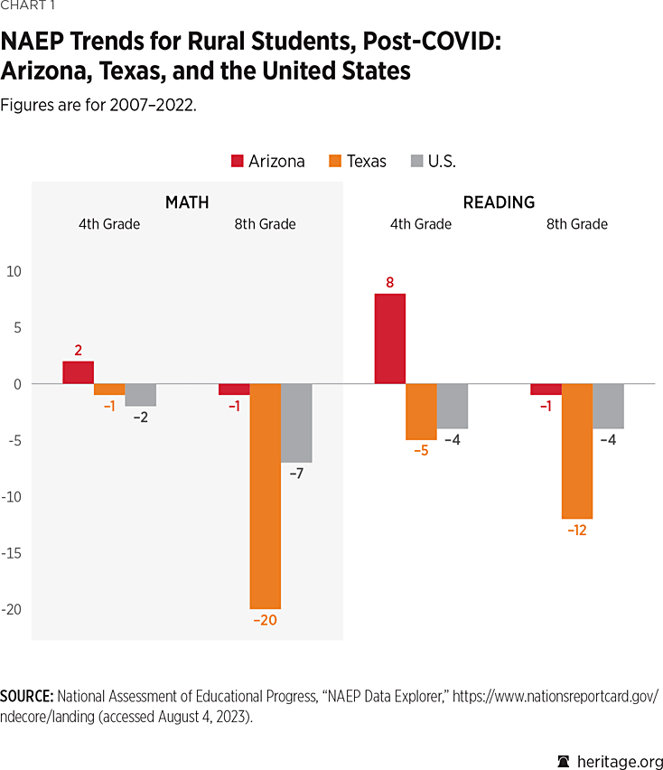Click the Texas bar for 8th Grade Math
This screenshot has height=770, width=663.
(266, 496)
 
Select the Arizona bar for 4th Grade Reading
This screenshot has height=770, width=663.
(390, 339)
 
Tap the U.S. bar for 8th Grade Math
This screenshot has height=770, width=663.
(296, 423)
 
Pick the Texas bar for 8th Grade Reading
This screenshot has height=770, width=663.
(577, 451)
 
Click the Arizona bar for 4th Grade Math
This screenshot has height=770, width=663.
(78, 372)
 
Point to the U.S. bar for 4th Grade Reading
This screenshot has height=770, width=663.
(453, 406)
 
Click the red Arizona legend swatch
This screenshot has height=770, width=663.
(238, 162)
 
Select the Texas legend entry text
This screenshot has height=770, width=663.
(366, 162)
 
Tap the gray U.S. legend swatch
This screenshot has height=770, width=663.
(416, 162)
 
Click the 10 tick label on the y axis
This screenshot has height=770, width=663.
(13, 271)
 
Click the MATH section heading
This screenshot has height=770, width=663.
(187, 202)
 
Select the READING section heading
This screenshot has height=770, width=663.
(499, 202)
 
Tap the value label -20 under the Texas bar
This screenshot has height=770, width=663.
(266, 622)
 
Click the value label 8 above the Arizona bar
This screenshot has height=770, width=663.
(390, 282)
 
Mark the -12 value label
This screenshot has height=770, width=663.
(577, 531)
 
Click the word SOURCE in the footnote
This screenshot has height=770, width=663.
(26, 696)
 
